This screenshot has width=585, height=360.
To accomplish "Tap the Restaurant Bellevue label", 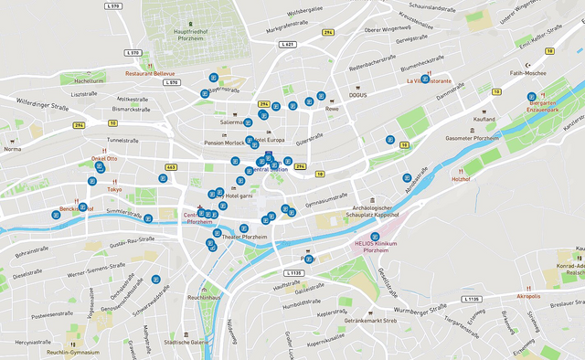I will [150, 72].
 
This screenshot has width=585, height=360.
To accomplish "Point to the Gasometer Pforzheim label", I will [472, 138].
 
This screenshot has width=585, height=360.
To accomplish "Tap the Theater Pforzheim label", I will [247, 238].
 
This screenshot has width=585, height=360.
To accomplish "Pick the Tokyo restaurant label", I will [114, 189].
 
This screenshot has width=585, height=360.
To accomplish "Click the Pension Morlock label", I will [224, 143].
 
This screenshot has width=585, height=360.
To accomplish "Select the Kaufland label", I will [484, 120].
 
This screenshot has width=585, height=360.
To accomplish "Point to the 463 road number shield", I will [171, 167].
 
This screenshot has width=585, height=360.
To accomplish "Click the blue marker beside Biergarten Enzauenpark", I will [531, 97].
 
